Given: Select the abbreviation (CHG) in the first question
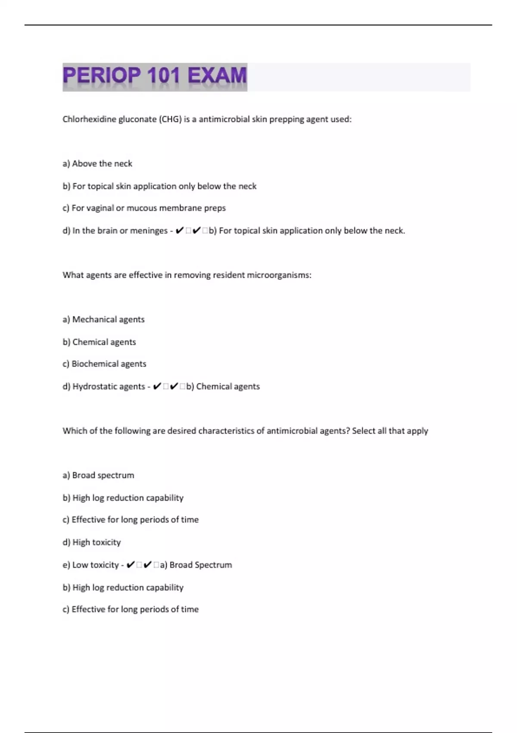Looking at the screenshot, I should [171, 119].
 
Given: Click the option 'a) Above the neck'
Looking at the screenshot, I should [97, 164].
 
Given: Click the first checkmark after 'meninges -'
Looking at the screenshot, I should [180, 231].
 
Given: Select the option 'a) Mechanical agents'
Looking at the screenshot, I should [103, 320].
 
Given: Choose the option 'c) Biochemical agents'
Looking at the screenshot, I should [104, 364].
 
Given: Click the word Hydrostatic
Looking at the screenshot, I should [90, 387].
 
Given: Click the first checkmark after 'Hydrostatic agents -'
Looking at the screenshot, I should [157, 386].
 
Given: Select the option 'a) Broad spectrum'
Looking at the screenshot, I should [98, 475].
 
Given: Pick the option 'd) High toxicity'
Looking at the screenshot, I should [92, 542].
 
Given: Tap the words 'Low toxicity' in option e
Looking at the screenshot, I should [95, 565].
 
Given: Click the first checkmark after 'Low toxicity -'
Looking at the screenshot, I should [131, 565].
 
